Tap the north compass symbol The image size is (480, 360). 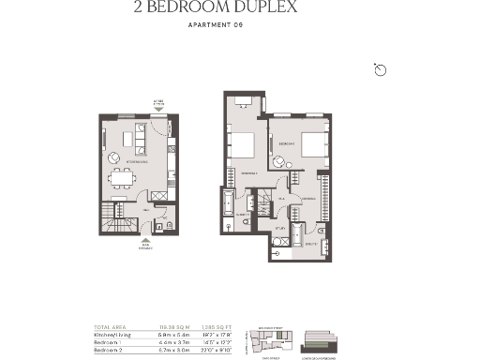click(x=381, y=70)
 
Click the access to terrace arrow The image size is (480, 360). click(x=158, y=109)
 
